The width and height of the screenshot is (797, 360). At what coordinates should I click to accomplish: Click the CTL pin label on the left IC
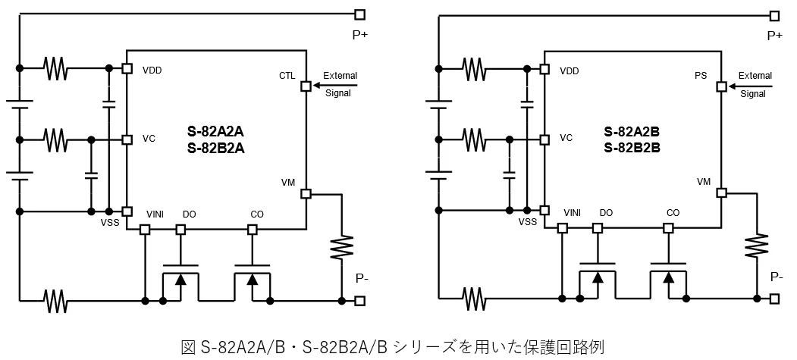coord(287,76)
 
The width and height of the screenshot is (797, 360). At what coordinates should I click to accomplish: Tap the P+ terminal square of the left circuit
coord(359,14)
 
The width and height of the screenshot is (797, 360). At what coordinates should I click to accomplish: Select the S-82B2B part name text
coord(632,149)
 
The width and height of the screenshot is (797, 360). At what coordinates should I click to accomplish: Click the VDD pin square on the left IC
coord(127,68)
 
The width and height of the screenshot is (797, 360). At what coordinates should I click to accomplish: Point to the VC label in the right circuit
coord(566,139)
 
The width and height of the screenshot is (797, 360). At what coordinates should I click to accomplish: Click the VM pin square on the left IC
coord(306,193)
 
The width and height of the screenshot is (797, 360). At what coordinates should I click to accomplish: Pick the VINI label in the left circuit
coord(155,214)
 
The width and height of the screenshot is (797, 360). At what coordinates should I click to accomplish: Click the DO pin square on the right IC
coord(598,227)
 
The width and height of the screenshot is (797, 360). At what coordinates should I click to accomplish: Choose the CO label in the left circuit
coord(257,214)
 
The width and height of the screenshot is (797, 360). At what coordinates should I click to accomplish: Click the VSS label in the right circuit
coord(528,222)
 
